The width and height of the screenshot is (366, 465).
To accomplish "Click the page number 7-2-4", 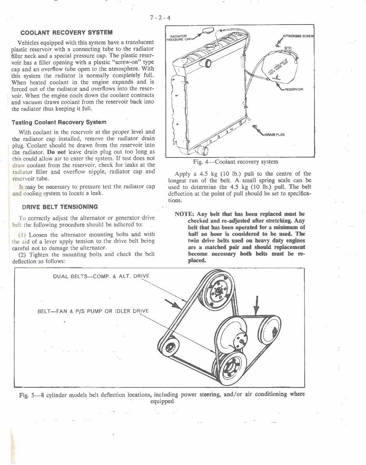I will [161, 18].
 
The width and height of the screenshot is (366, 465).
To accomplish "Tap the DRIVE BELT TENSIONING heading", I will [60, 206].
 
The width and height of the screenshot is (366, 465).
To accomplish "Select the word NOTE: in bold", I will [185, 214].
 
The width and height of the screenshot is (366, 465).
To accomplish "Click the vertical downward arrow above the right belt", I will [256, 305].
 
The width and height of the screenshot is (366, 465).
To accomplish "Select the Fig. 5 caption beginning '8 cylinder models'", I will [162, 397].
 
